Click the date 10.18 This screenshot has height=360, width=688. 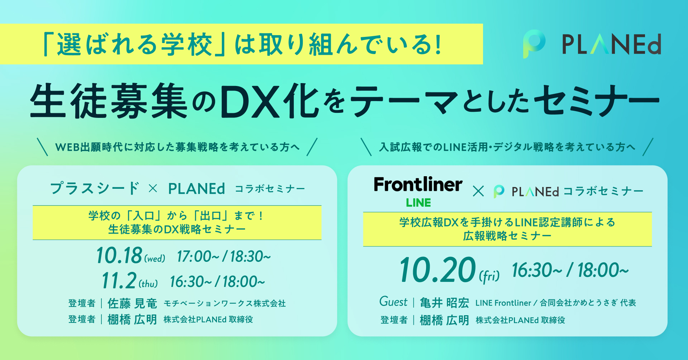tap(119, 256)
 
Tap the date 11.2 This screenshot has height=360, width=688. tap(119, 280)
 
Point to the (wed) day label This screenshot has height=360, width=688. tap(155, 258)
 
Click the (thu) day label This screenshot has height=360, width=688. tap(148, 284)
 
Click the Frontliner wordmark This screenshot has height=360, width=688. tap(418, 184)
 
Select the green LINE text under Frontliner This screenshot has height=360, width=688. tap(418, 203)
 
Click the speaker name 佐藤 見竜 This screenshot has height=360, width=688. tap(132, 303)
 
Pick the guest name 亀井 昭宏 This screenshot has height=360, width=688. tap(444, 303)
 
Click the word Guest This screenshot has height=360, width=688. tap(393, 302)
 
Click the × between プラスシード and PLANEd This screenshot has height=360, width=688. tap(153, 188)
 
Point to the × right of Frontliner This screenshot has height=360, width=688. tap(478, 191)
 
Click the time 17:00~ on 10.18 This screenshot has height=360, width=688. tap(198, 256)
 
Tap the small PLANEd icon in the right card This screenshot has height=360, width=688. tap(499, 191)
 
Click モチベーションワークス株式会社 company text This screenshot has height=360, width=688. tap(225, 304)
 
